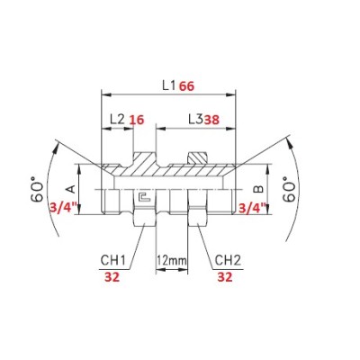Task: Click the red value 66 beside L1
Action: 187,86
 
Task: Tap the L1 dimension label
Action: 169,86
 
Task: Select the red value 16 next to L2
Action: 137,120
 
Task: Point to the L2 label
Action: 117,120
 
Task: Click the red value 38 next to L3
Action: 211,120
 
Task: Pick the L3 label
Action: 196,120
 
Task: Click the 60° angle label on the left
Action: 37,190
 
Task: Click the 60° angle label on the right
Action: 290,189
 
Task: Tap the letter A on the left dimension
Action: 71,189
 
